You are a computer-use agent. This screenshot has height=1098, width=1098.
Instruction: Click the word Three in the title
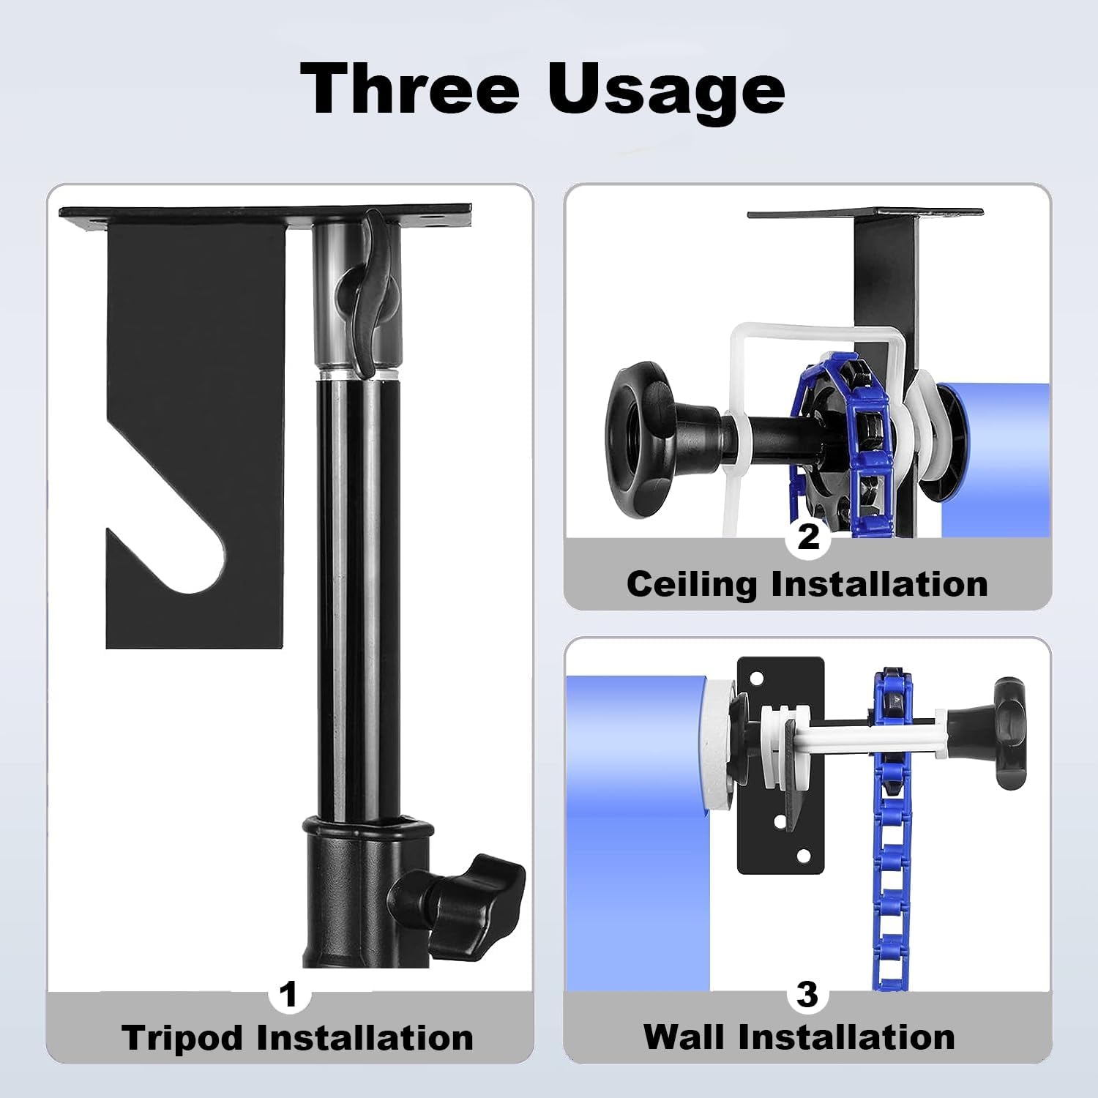(x=410, y=89)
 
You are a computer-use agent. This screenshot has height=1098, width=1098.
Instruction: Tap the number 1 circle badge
(x=289, y=994)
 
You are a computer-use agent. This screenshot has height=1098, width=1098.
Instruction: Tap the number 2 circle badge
(x=807, y=537)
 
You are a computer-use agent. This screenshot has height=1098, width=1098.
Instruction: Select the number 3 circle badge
(x=807, y=994)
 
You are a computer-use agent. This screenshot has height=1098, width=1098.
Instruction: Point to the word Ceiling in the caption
(x=692, y=584)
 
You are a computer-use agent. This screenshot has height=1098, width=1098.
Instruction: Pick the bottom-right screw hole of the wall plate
(x=804, y=855)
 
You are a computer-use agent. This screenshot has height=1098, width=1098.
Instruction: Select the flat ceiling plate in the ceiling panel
(x=864, y=213)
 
